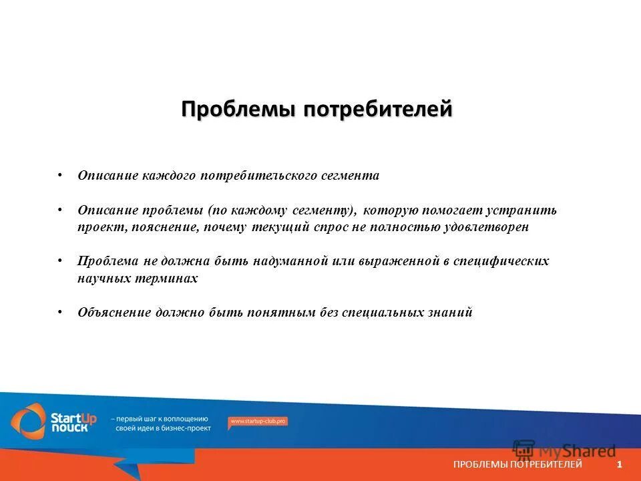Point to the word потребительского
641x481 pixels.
pos(263,176)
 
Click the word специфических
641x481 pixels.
pos(501,261)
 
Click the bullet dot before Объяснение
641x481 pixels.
pos(60,311)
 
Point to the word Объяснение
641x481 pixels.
pos(114,313)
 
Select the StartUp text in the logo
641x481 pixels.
pos(73,418)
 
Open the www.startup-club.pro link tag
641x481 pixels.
pos(258,422)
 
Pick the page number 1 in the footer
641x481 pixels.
pos(620,464)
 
